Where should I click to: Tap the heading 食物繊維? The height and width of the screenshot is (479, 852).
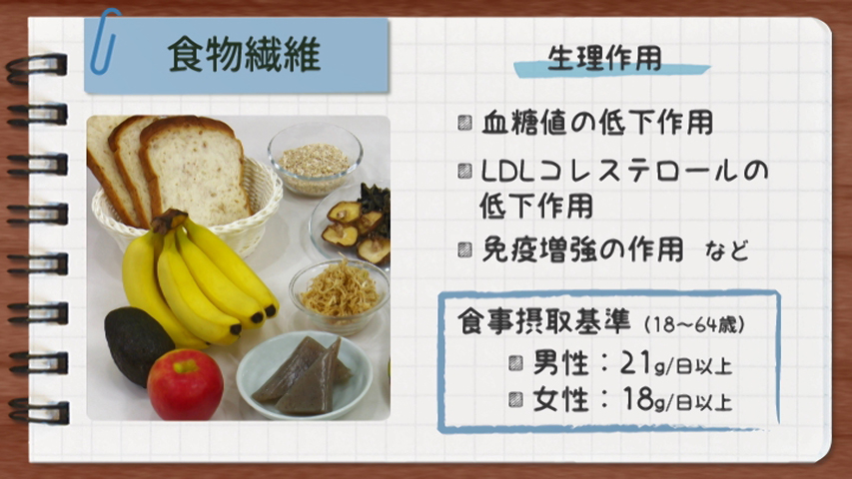pyautogui.click(x=244, y=55)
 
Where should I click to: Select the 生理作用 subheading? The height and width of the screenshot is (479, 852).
pyautogui.click(x=604, y=58)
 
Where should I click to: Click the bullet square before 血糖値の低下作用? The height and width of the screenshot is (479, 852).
pyautogui.click(x=464, y=122)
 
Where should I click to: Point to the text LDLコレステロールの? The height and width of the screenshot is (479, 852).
pyautogui.click(x=624, y=171)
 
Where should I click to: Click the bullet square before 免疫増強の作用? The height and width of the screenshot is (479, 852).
pyautogui.click(x=464, y=249)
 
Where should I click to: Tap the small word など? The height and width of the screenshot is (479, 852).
pyautogui.click(x=727, y=250)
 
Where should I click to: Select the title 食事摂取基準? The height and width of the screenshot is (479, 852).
pyautogui.click(x=544, y=321)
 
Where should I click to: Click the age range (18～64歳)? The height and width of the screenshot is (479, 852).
pyautogui.click(x=694, y=324)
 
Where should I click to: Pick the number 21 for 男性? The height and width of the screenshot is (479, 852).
pyautogui.click(x=636, y=363)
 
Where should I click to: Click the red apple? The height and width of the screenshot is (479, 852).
pyautogui.click(x=186, y=384)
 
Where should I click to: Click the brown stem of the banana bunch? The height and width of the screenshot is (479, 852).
pyautogui.click(x=169, y=220)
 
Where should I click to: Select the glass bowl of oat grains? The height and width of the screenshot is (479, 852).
pyautogui.click(x=316, y=159)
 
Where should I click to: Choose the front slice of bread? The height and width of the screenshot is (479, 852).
pyautogui.click(x=194, y=170)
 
